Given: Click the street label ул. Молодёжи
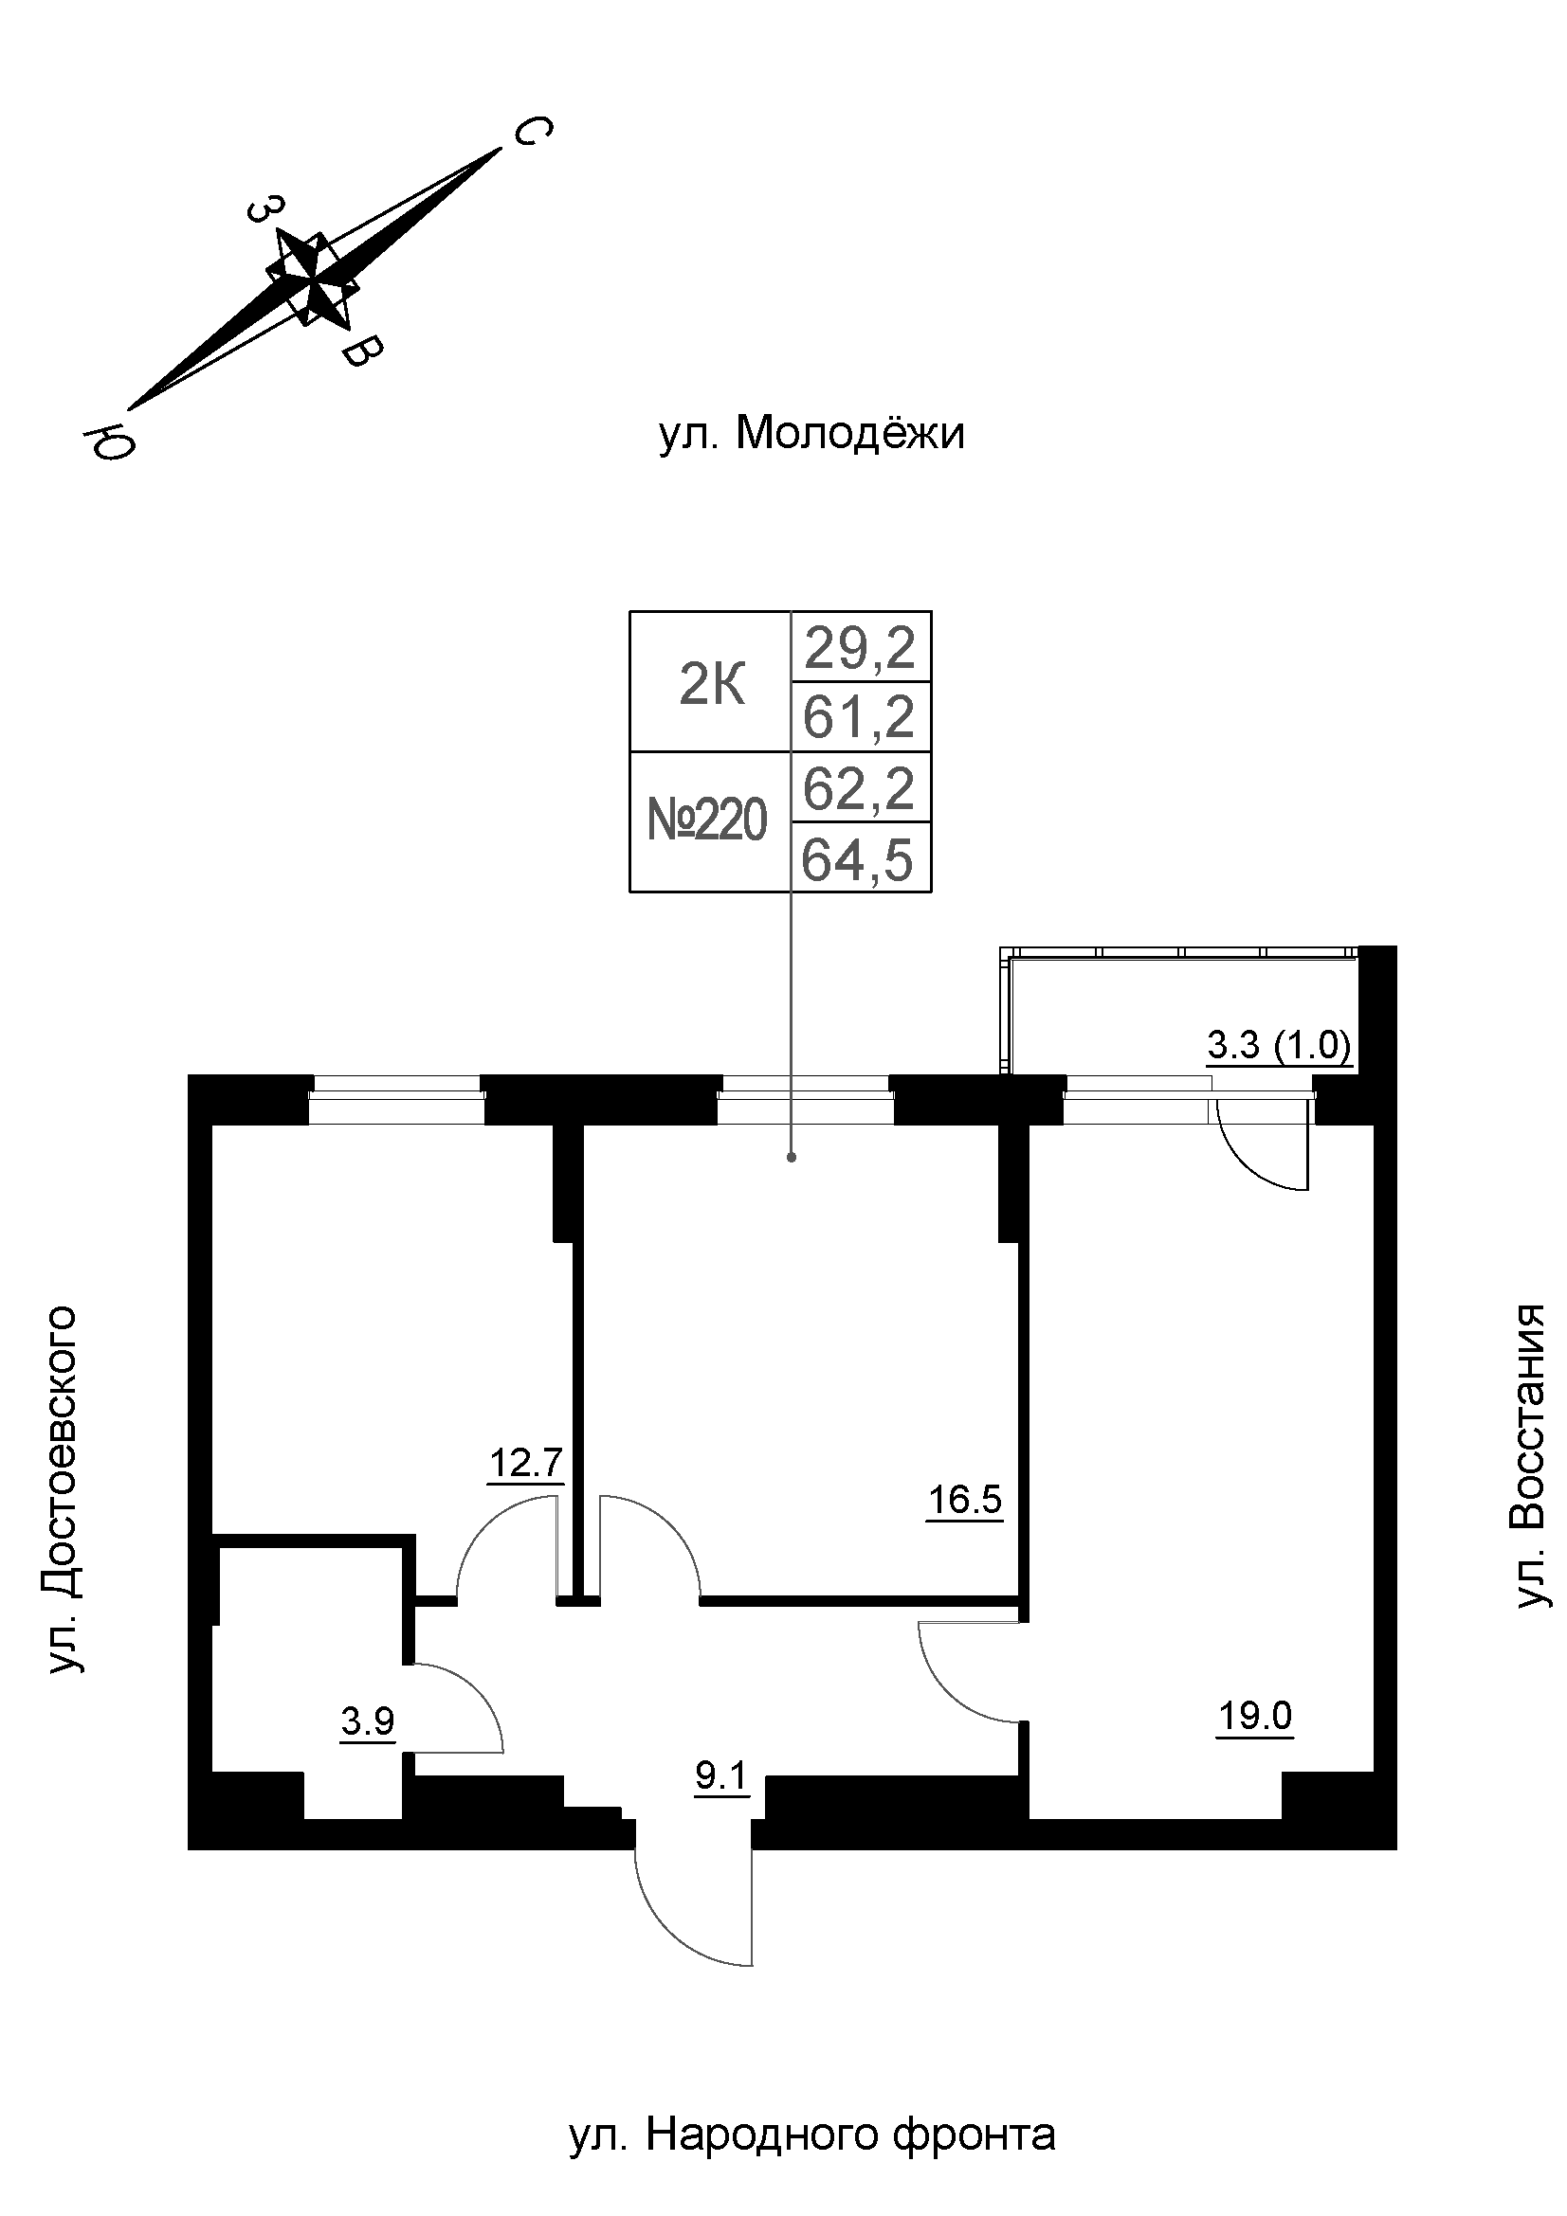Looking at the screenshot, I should point(811,435).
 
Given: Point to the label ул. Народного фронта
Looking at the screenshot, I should point(812,2107).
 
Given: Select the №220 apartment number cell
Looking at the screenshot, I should point(708,822).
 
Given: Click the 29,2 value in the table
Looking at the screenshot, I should point(859,648).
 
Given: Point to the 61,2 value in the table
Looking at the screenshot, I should point(858,718).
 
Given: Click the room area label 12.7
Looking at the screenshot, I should point(525,1463).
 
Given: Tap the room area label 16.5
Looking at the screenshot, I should point(964,1501).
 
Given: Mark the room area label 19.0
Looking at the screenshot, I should point(1254,1716).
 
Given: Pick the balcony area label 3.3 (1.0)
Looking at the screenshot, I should point(1278,1046).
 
